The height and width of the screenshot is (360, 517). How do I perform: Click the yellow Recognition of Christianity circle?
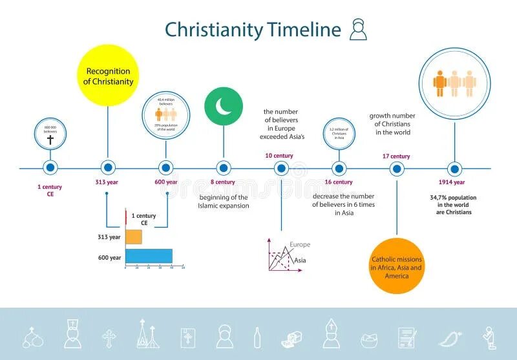click(x=108, y=76)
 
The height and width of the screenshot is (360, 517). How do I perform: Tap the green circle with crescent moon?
click(x=224, y=105)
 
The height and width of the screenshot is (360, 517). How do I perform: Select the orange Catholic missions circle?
click(x=397, y=266)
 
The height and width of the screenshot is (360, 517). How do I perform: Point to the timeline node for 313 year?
click(x=108, y=168)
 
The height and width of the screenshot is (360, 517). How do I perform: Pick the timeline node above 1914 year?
click(x=455, y=169)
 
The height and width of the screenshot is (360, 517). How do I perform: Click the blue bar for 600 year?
click(x=149, y=256)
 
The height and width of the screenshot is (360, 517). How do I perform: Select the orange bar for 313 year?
click(x=133, y=237)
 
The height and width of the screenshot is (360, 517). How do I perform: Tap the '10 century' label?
click(x=279, y=156)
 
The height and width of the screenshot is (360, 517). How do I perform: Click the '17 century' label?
click(x=396, y=156)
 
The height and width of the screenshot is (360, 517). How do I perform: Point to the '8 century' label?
click(x=222, y=182)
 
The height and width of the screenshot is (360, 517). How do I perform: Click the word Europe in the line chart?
click(x=299, y=244)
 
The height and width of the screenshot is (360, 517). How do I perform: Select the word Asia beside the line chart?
click(x=300, y=260)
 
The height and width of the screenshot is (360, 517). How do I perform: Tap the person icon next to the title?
click(x=358, y=30)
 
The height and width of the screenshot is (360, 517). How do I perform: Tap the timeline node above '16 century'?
click(x=339, y=169)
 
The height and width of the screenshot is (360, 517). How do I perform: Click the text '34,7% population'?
click(x=453, y=196)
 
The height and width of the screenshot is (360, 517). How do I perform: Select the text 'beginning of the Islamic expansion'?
click(x=223, y=201)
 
